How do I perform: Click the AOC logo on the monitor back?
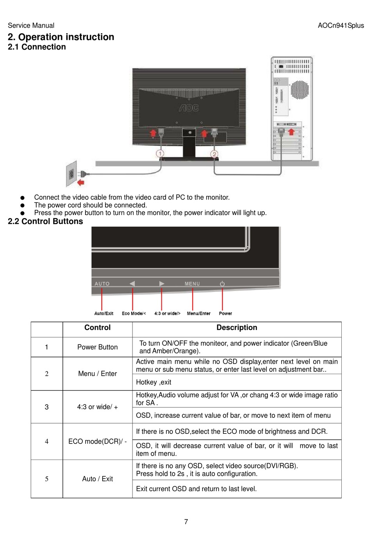pyautogui.click(x=189, y=108)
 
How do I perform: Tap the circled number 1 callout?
pyautogui.click(x=160, y=153)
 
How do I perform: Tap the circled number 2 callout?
pyautogui.click(x=214, y=154)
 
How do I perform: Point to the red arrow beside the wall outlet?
pyautogui.click(x=80, y=183)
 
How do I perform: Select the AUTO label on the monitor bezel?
pyautogui.click(x=102, y=284)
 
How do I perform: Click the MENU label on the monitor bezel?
pyautogui.click(x=192, y=284)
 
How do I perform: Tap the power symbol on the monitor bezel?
pyautogui.click(x=222, y=284)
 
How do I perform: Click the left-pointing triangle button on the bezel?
pyautogui.click(x=132, y=284)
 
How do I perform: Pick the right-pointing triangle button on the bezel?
pyautogui.click(x=162, y=284)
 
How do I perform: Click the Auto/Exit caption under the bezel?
pyautogui.click(x=104, y=313)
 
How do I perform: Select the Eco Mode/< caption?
pyautogui.click(x=134, y=313)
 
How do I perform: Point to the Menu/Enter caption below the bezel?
pyautogui.click(x=198, y=313)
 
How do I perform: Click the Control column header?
pyautogui.click(x=97, y=328)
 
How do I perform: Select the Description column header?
pyautogui.click(x=237, y=328)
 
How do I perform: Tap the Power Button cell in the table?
pyautogui.click(x=97, y=347)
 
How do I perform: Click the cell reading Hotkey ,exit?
pyautogui.click(x=153, y=382)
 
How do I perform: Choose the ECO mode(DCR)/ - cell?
pyautogui.click(x=97, y=442)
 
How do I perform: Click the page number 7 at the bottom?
pyautogui.click(x=186, y=522)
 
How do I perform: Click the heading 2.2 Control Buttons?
pyautogui.click(x=45, y=222)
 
